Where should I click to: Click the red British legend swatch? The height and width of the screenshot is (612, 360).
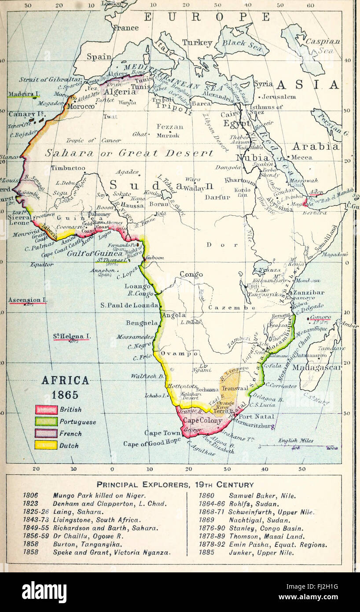[x=46, y=410]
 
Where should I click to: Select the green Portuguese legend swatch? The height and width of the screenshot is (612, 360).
[x=46, y=422]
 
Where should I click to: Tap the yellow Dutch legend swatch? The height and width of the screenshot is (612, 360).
[x=46, y=445]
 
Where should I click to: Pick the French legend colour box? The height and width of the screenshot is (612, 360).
[x=46, y=433]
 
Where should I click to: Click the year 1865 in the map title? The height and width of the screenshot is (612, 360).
[x=65, y=394]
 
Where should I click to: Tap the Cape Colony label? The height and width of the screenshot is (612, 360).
[x=202, y=420]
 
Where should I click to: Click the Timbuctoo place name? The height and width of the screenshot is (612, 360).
[x=68, y=168]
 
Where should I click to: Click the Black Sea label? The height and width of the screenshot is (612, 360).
[x=242, y=44]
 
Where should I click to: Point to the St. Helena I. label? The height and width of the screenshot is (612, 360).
[x=72, y=337]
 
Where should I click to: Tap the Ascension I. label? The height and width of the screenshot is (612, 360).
[x=27, y=300]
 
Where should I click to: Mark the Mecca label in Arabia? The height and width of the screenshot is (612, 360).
[x=301, y=157]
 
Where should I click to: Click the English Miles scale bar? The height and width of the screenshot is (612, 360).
[x=299, y=446]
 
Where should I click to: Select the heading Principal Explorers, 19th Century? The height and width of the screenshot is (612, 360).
[x=175, y=485]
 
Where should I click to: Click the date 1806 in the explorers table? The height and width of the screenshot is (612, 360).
[x=30, y=495]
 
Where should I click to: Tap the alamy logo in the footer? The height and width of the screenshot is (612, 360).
[x=44, y=592]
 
